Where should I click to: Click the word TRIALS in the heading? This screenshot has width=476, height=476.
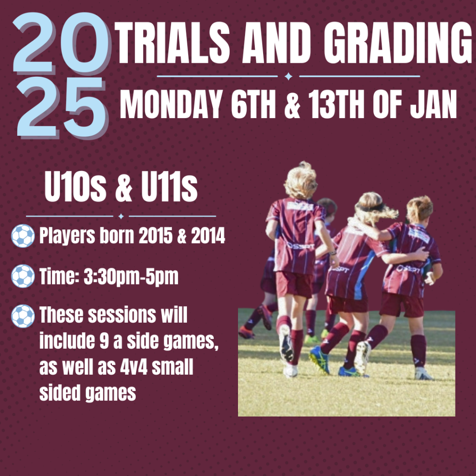click(x=172, y=42)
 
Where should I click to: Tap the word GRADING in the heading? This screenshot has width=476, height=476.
click(x=398, y=42)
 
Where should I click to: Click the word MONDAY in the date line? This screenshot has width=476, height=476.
click(x=172, y=104)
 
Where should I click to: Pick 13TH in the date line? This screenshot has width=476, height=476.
click(x=336, y=104)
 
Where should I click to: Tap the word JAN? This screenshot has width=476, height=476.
click(x=433, y=104)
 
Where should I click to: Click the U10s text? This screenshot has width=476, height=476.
click(x=75, y=186)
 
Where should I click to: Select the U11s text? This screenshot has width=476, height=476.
click(x=169, y=186)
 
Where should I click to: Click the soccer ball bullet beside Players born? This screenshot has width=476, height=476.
click(x=23, y=236)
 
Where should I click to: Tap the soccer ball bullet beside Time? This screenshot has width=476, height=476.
click(x=23, y=276)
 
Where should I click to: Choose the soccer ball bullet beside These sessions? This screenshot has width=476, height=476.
click(x=23, y=316)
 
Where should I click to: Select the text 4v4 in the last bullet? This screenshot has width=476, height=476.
click(x=133, y=367)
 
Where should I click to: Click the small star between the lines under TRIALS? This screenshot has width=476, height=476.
click(x=288, y=76)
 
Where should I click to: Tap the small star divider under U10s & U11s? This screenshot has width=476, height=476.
click(x=121, y=216)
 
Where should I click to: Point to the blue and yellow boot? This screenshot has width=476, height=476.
click(x=320, y=360)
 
